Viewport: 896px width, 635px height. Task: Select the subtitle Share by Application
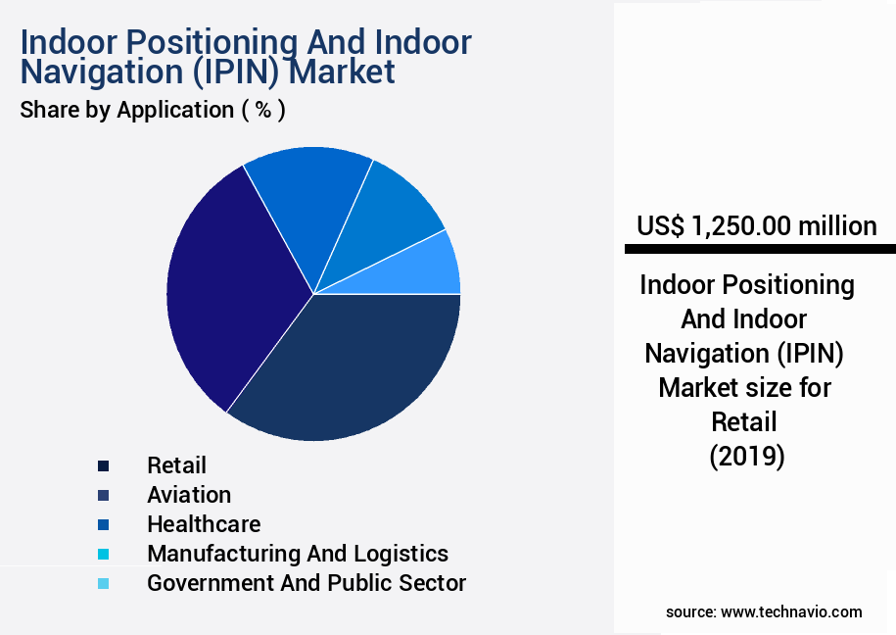click(x=126, y=110)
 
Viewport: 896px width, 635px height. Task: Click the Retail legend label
click(x=176, y=465)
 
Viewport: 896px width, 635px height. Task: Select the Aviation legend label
click(x=189, y=495)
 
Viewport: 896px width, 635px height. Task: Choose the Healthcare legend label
click(x=204, y=524)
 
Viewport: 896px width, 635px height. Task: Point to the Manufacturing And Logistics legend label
click(x=298, y=554)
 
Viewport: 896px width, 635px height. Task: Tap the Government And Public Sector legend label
click(x=307, y=583)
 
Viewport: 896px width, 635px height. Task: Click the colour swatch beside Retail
click(x=103, y=465)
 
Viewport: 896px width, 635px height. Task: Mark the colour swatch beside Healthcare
click(x=103, y=524)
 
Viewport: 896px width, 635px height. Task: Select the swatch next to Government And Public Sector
click(x=103, y=583)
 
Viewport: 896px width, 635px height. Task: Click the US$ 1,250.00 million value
click(x=756, y=226)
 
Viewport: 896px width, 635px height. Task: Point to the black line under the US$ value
click(x=760, y=251)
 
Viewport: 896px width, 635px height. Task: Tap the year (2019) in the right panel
click(x=747, y=457)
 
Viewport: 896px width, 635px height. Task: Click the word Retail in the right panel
click(x=746, y=422)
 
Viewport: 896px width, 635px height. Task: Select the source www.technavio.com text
click(x=764, y=611)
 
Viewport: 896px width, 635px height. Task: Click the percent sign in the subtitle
click(x=262, y=110)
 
